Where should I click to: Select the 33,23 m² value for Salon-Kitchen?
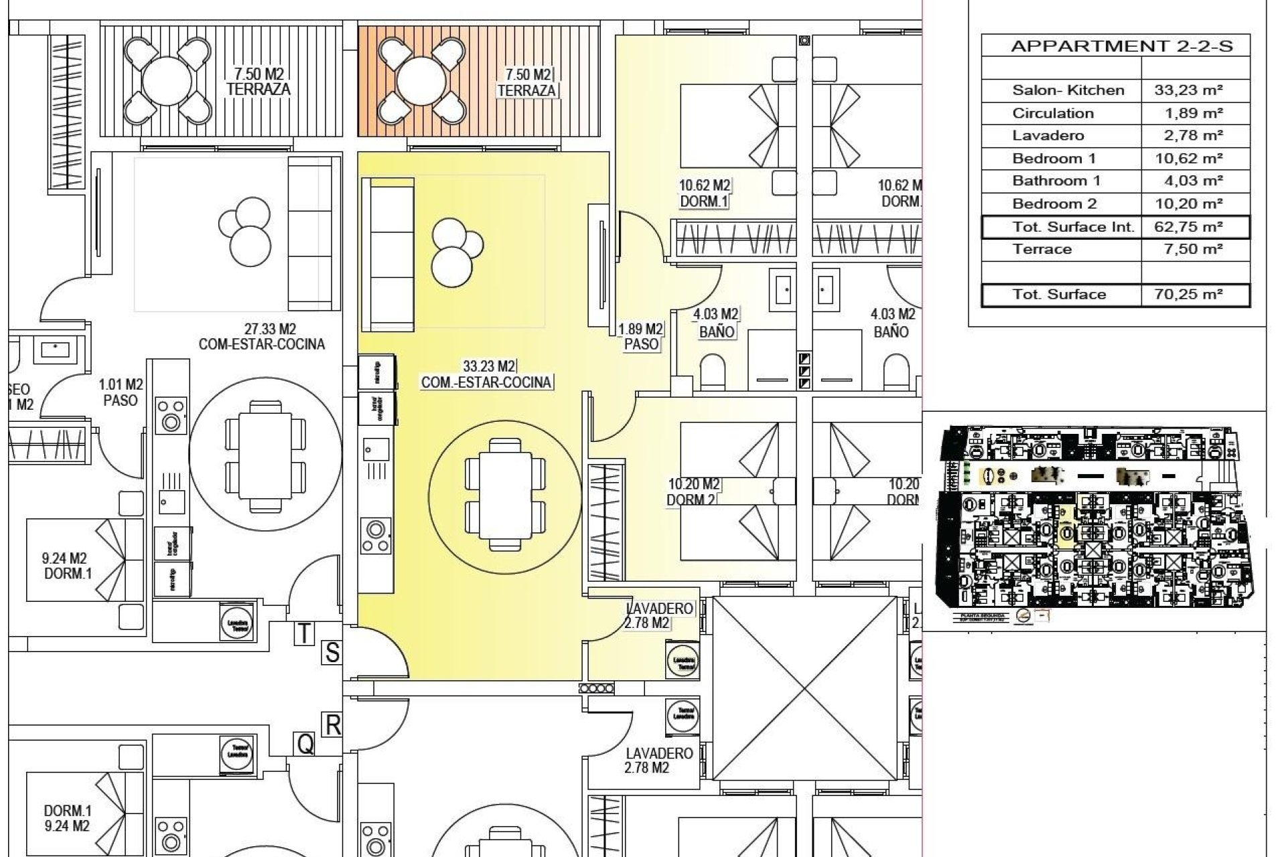(1188, 90)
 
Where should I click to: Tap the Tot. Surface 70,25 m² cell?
(1188, 295)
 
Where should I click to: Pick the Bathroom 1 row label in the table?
(1056, 181)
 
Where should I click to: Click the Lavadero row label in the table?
(1048, 136)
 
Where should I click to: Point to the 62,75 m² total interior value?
(1188, 226)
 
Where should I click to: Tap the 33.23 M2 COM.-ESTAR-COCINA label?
(486, 375)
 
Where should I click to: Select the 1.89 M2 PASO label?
(640, 337)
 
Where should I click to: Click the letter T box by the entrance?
(304, 633)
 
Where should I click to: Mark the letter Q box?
(305, 743)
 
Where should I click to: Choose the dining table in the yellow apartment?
(504, 495)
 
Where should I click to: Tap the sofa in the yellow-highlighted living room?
(387, 254)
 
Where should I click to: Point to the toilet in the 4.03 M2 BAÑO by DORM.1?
(713, 372)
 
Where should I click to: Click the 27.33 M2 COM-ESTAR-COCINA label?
(261, 337)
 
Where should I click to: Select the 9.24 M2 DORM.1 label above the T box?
(65, 566)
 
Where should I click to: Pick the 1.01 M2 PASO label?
(121, 392)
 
